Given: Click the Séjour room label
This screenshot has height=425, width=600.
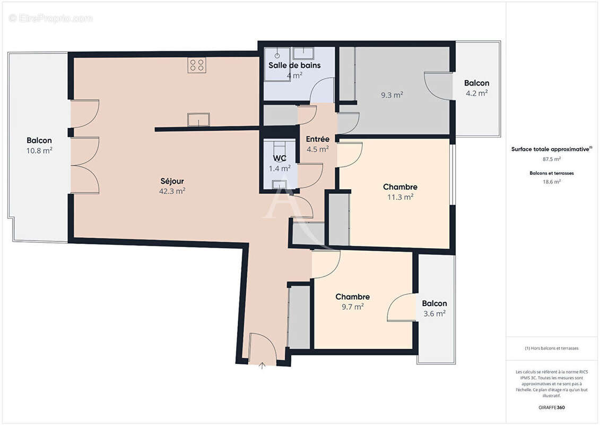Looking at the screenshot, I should tap(172, 181).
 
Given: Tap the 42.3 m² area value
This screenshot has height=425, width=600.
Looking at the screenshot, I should tap(172, 191).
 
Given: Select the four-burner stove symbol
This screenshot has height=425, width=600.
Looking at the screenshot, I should tap(196, 65).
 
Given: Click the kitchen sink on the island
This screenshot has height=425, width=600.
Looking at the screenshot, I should tap(198, 120).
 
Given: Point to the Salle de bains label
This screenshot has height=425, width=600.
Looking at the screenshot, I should tap(294, 65).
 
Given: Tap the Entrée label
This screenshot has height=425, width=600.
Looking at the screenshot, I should tap(318, 139).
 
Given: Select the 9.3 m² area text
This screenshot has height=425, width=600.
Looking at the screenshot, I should tap(392, 95).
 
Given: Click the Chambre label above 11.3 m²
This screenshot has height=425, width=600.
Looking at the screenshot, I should tap(400, 187).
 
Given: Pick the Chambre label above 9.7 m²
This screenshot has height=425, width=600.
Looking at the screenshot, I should tap(352, 296).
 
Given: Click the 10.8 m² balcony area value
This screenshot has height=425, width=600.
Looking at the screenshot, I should tap(40, 150).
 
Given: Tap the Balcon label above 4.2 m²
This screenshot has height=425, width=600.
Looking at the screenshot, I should tap(476, 83).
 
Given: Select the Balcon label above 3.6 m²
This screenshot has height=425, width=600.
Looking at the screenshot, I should tap(434, 303).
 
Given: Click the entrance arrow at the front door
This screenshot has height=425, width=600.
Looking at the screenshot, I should tap(262, 365).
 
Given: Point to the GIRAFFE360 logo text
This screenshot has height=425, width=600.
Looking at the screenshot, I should tap(552, 407).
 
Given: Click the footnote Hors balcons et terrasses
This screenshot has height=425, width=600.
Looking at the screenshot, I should tap(552, 348).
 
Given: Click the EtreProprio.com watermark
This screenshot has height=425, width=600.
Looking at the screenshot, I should tap(51, 19).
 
